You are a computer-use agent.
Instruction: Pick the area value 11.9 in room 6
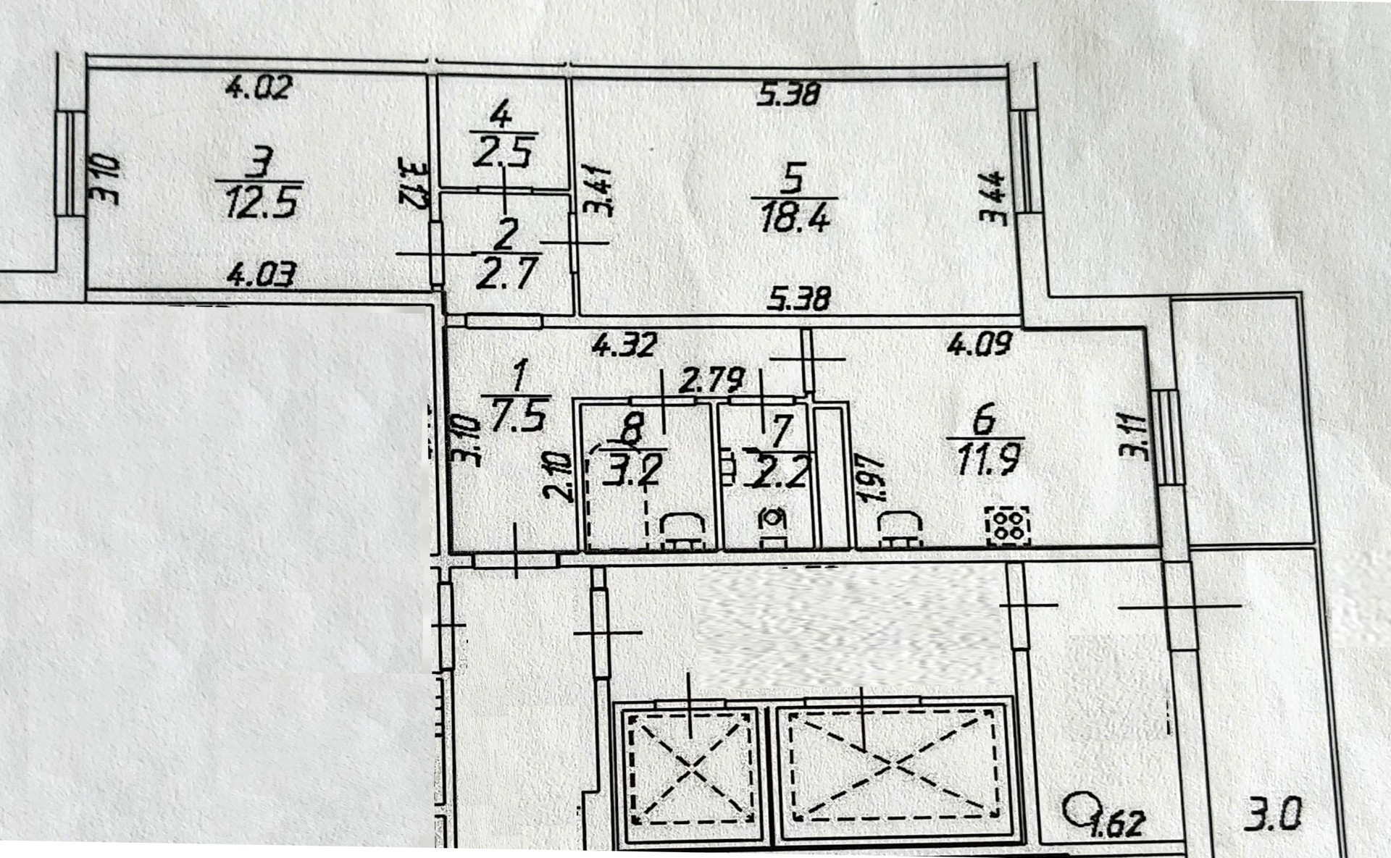tap(988, 460)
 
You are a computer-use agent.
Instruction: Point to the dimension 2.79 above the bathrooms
tap(712, 380)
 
